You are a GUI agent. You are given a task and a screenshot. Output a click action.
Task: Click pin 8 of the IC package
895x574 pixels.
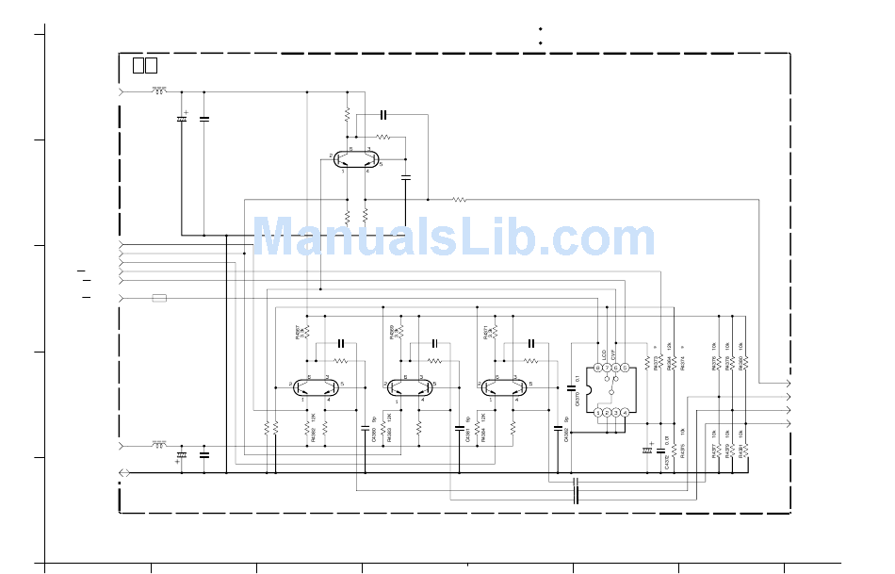click(x=597, y=368)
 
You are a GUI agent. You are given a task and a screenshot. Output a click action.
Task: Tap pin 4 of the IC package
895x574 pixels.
click(x=626, y=413)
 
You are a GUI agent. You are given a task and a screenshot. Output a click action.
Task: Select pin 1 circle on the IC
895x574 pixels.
click(x=597, y=413)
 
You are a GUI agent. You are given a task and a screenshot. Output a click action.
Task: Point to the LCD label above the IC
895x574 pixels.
click(x=604, y=354)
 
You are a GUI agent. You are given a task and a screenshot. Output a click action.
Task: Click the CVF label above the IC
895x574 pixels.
click(x=614, y=354)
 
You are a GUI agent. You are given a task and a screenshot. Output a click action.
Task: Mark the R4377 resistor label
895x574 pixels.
click(x=713, y=450)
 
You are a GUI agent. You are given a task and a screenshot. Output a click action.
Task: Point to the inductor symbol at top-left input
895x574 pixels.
click(x=158, y=92)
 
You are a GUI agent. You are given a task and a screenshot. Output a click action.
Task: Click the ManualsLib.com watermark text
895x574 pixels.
click(x=453, y=238)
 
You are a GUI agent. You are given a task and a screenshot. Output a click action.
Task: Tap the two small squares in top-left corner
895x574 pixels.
click(x=144, y=65)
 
